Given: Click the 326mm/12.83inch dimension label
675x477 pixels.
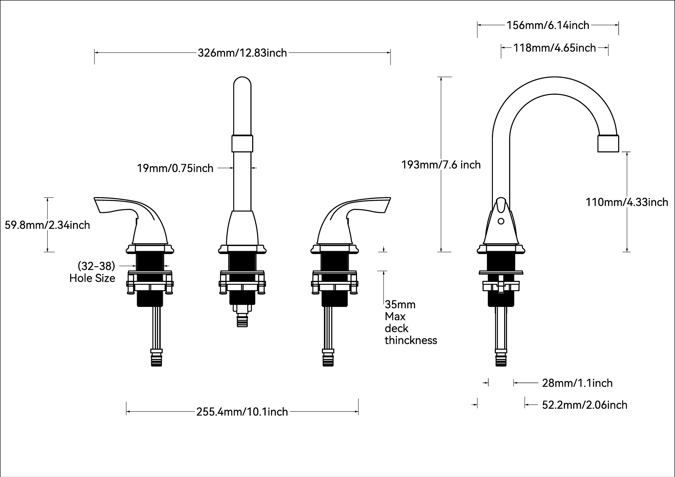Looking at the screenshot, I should (242, 53).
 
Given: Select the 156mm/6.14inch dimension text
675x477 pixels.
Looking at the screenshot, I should (548, 25).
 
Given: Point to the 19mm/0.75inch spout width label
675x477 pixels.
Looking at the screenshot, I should (175, 168).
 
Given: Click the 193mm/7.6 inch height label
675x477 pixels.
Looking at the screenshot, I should (441, 165).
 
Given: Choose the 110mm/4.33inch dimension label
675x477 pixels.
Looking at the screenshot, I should (627, 202).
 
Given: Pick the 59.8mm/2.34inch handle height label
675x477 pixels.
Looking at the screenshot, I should (47, 225).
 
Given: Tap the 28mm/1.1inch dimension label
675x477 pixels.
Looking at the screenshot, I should (577, 383).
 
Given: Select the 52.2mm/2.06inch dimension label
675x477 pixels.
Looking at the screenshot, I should (584, 405).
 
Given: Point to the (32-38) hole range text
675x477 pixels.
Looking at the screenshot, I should (96, 266).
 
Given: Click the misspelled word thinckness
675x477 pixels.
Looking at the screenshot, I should (411, 340).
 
